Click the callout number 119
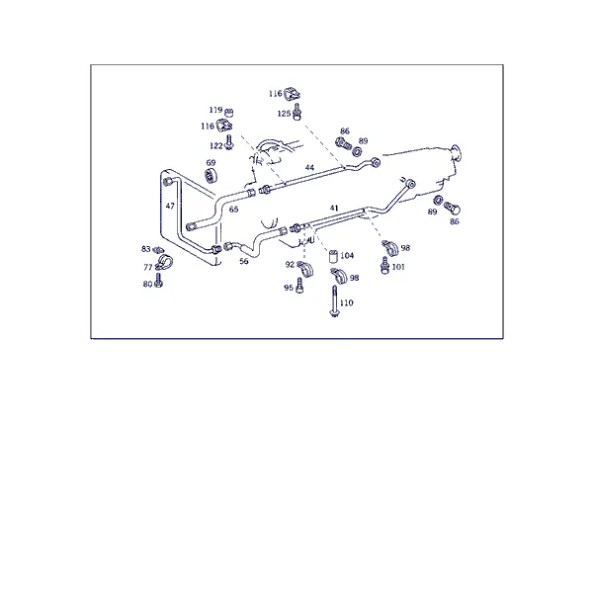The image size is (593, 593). (215, 110)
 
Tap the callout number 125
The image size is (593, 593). (284, 114)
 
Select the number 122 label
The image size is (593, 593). (216, 146)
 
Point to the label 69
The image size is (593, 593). (211, 163)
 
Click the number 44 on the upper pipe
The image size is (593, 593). (309, 167)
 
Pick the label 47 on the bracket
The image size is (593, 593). (170, 206)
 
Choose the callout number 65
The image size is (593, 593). (233, 210)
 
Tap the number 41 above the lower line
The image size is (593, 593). (334, 208)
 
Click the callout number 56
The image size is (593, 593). (244, 261)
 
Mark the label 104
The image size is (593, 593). (347, 256)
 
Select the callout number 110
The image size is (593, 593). (347, 302)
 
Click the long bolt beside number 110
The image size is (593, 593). (334, 301)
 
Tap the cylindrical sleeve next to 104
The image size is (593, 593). (333, 256)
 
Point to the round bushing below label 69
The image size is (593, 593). (211, 176)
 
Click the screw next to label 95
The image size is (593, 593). (299, 286)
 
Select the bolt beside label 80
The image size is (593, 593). (159, 281)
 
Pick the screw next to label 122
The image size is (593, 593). (229, 142)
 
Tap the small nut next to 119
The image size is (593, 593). (229, 113)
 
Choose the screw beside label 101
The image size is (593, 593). (385, 266)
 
